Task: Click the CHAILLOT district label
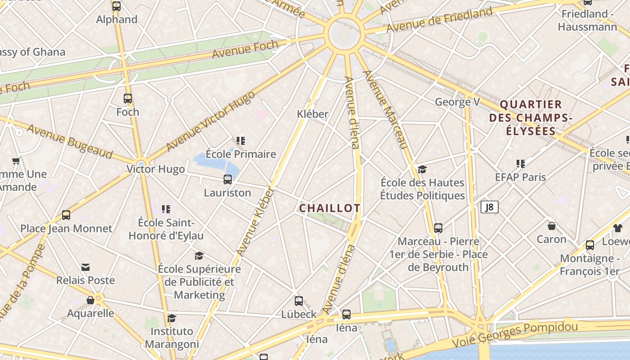pos(329,208)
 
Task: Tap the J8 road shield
pos(490,207)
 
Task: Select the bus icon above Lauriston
pos(228,180)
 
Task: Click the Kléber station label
pos(313,114)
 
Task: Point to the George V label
pos(457,102)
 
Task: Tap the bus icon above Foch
pos(128,99)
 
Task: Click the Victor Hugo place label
pos(156,169)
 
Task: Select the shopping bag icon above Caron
pos(552,225)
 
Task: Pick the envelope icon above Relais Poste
pos(85,267)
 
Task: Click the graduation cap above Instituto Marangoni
pos(171,319)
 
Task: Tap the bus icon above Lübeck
pos(299,301)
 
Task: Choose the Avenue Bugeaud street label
pos(70,141)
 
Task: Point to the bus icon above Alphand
pos(117,6)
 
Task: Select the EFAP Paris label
pos(521,177)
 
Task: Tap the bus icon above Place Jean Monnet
pos(66,215)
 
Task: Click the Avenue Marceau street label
pos(385,109)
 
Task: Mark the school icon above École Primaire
pos(241,141)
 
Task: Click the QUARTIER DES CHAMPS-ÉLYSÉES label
pos(531,118)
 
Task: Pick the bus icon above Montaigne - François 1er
pos(589,245)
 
